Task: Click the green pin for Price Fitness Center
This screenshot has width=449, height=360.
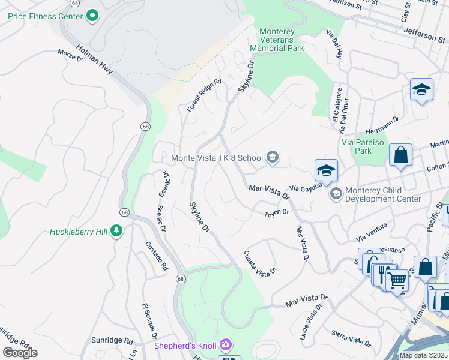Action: click(x=92, y=16)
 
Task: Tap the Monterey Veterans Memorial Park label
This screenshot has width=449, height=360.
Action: click(x=281, y=40)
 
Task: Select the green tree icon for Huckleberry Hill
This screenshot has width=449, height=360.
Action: click(x=116, y=231)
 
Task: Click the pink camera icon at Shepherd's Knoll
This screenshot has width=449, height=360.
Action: click(x=225, y=345)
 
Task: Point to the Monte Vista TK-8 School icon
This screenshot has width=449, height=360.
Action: click(x=273, y=158)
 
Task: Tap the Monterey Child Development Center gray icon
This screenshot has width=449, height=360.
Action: click(x=335, y=193)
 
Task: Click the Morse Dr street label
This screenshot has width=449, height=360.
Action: click(x=70, y=56)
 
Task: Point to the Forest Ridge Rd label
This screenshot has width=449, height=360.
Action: click(x=204, y=95)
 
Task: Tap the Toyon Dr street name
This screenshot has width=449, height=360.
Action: click(x=277, y=213)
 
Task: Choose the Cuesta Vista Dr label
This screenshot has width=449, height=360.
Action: click(x=260, y=263)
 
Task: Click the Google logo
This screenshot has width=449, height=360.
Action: click(x=20, y=353)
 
